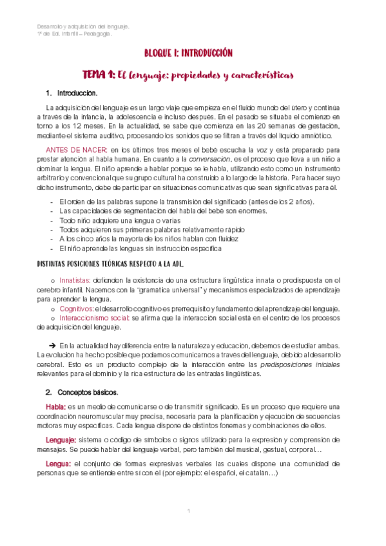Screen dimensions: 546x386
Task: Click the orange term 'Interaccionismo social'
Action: pos(93,318)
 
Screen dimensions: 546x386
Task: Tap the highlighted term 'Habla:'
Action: pos(55,407)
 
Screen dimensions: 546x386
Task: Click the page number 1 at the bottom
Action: pos(188,511)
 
